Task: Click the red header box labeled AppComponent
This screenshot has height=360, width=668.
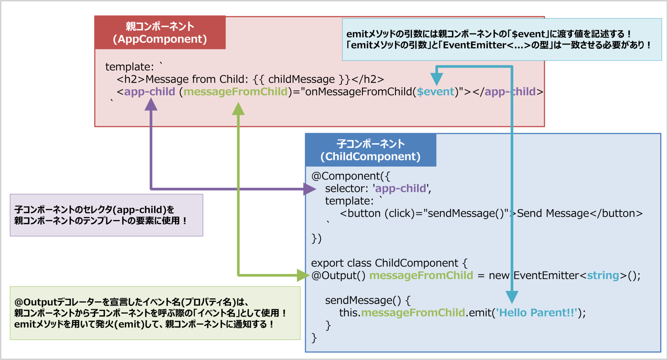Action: [160, 33]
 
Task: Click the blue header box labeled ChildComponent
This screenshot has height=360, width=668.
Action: [371, 150]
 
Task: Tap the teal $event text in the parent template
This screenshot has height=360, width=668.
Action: [435, 92]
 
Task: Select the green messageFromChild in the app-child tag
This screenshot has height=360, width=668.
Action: [235, 92]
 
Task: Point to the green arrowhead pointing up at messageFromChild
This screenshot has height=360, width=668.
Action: [238, 109]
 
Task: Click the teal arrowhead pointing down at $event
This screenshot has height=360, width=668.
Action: [437, 79]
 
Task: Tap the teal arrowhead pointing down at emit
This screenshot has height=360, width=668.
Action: [512, 297]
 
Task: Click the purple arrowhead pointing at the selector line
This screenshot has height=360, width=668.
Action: [309, 189]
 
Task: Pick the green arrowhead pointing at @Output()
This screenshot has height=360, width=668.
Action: [303, 275]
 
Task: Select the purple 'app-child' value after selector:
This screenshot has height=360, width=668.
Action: [401, 189]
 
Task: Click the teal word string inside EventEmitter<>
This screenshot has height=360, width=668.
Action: [603, 275]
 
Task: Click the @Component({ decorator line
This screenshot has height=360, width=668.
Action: [351, 176]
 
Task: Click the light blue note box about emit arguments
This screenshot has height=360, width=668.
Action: [502, 39]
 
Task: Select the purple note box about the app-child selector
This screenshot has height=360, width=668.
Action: [106, 215]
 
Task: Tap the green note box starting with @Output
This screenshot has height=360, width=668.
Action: [155, 313]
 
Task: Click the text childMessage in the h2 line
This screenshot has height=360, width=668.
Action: [301, 79]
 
